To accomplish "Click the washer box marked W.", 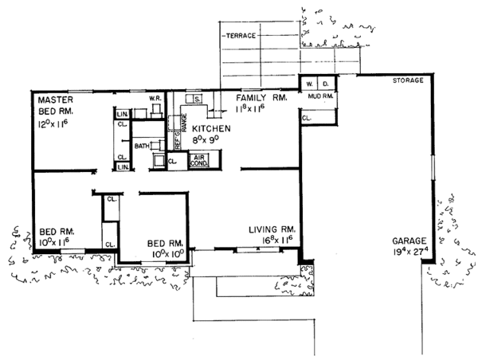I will coord(308,82).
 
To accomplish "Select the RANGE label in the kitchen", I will coord(184,123).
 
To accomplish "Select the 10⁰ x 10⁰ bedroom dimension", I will coord(166,254).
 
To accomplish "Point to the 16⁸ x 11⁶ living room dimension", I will coord(272,238).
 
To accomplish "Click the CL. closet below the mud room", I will coord(308,117).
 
